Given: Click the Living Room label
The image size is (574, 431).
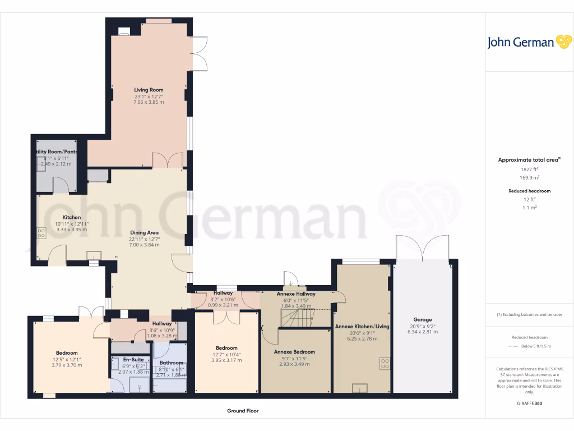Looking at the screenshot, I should coord(149,90).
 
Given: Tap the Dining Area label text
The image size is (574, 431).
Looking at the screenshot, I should coord(145,232).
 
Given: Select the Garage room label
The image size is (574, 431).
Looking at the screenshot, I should coord(422,320).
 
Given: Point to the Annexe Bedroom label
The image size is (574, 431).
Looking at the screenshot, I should coord(294,352).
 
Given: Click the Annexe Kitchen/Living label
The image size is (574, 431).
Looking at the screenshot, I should coord(362,326).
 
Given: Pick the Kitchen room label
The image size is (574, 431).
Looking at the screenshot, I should coord(72,217).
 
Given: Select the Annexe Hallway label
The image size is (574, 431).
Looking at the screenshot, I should coord(296,294).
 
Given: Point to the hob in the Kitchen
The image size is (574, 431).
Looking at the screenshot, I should coord(41,233).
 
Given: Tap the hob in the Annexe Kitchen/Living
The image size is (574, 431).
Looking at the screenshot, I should coord(385,363).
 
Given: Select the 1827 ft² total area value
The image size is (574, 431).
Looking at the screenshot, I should coord(530,169).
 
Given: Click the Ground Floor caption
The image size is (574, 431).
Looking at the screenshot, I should coord(243,411).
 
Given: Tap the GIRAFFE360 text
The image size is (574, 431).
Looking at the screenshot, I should coord(530,403).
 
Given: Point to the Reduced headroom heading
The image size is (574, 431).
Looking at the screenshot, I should coord(530,191).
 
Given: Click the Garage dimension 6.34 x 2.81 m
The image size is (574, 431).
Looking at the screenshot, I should coord(422,332).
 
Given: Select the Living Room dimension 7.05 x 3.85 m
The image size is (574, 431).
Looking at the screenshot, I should coord(149,102).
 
